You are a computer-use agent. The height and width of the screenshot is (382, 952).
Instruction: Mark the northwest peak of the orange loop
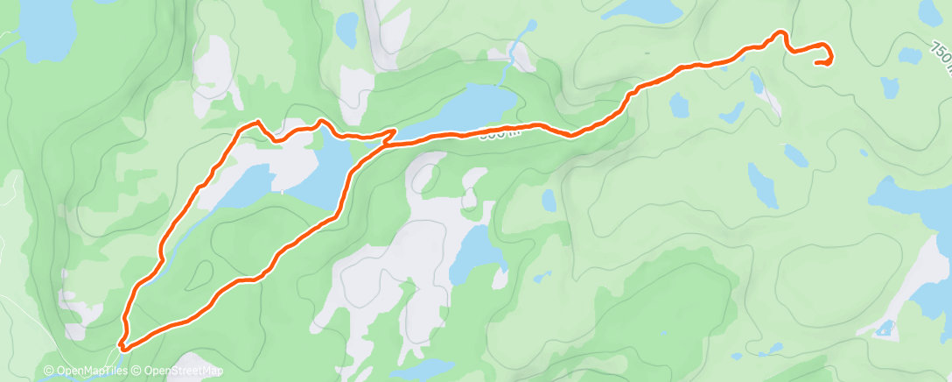click(x=257, y=122)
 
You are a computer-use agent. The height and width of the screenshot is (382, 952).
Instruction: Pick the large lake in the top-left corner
click(x=35, y=31)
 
